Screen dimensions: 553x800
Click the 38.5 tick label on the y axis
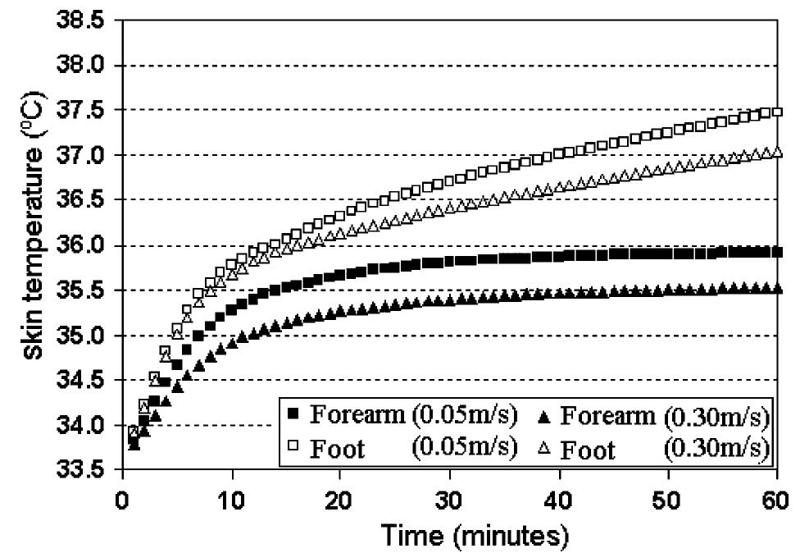(x=82, y=21)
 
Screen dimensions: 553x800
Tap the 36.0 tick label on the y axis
(x=82, y=246)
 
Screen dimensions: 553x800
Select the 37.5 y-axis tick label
(x=82, y=111)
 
